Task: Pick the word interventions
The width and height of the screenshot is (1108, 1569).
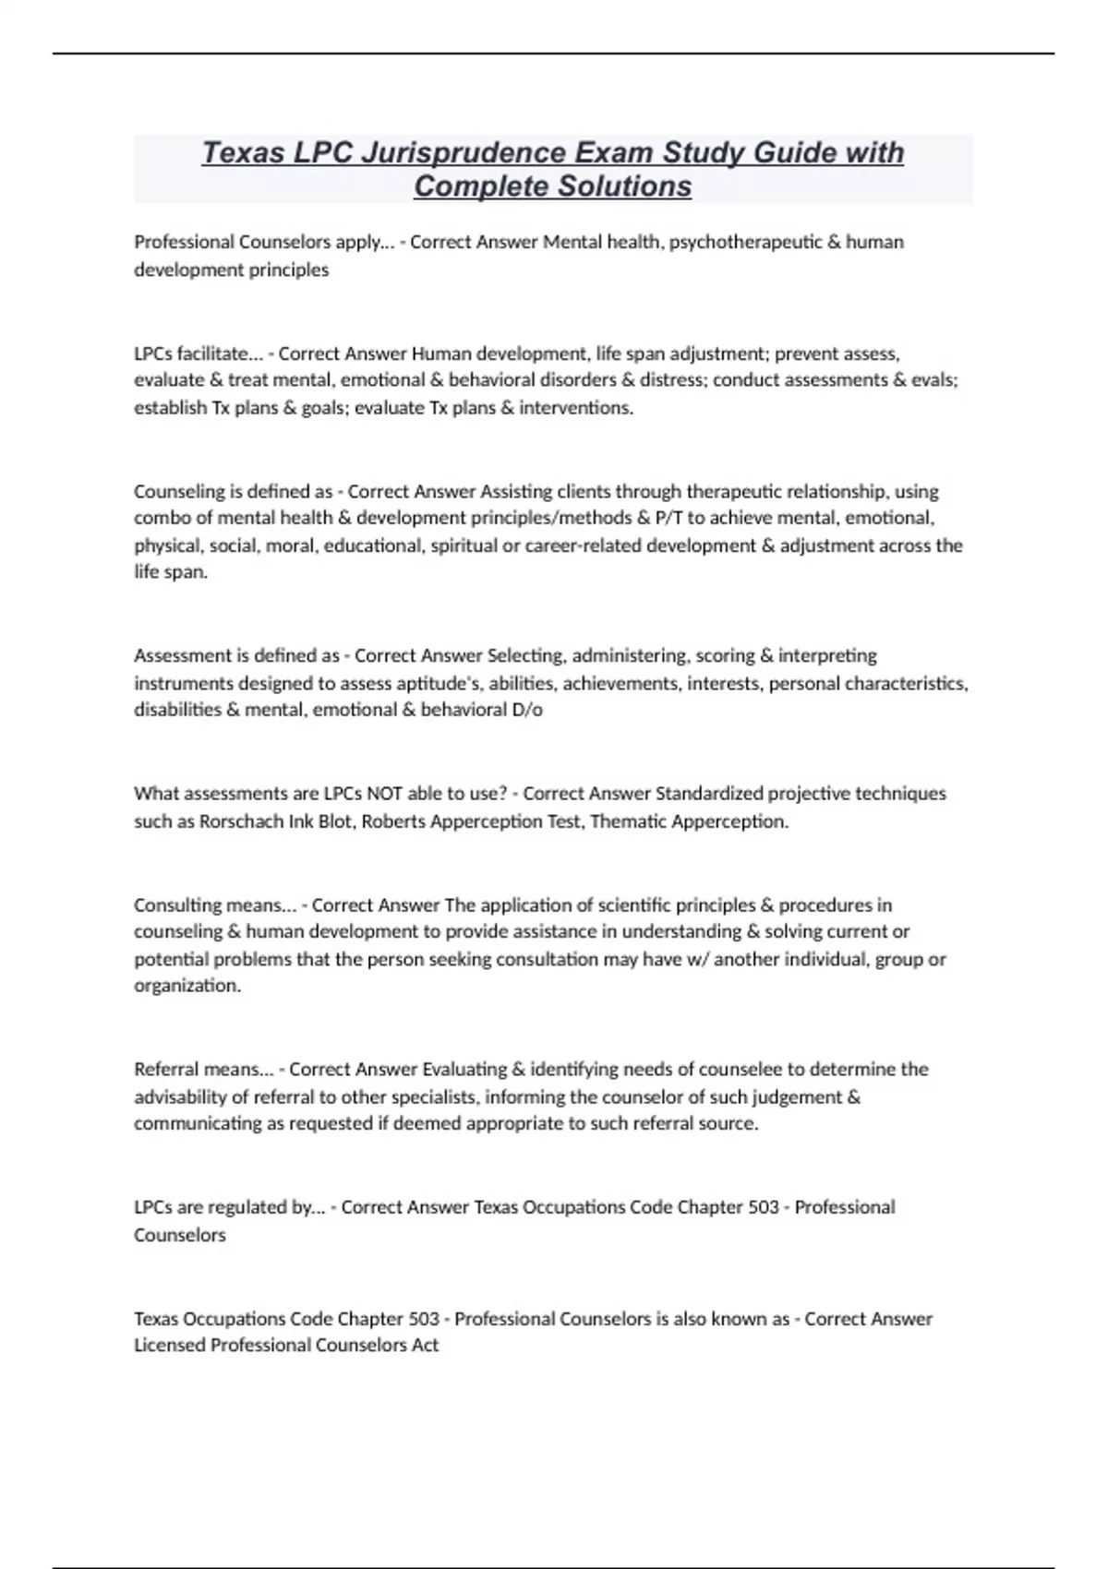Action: pyautogui.click(x=575, y=408)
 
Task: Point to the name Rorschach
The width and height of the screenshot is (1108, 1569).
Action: pyautogui.click(x=240, y=820)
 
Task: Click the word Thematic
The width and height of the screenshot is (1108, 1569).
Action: pyautogui.click(x=624, y=820)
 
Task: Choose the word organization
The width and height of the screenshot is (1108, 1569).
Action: pyautogui.click(x=187, y=986)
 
